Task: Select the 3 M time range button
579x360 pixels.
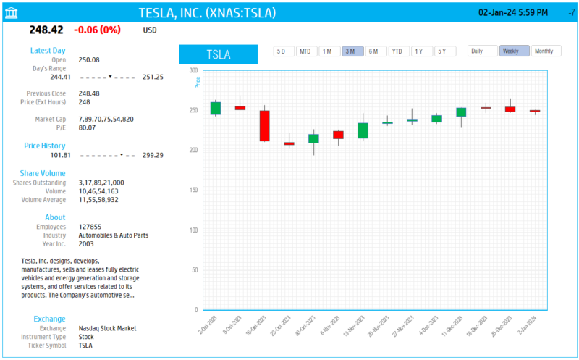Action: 352,51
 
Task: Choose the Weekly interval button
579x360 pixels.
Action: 514,51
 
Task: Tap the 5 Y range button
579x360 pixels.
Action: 444,51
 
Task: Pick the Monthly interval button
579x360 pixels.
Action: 546,51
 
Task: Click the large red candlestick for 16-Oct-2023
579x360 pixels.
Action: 265,125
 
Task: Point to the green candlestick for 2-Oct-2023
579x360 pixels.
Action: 216,108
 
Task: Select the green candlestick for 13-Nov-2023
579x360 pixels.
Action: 363,130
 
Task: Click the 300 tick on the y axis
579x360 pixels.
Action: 193,70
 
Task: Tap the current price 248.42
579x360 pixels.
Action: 46,30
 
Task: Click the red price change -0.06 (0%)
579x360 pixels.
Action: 98,30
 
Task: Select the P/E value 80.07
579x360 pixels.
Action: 88,127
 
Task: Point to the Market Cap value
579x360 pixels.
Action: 106,119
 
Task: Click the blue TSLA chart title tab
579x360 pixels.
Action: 218,54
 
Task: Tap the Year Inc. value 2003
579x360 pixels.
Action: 86,243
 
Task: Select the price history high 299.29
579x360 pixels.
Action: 153,155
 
